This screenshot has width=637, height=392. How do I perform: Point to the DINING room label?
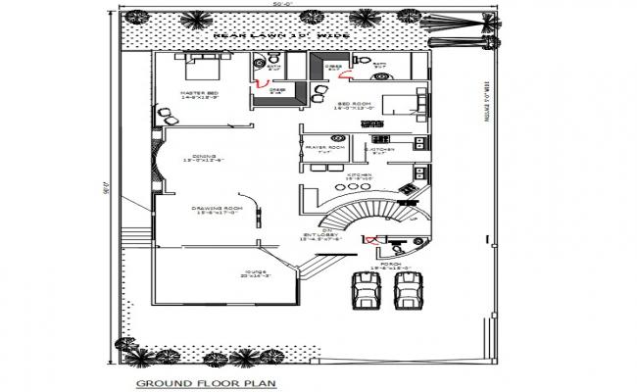207,157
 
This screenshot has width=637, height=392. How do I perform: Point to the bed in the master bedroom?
205,67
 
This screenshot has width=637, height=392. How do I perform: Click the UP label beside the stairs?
413,220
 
